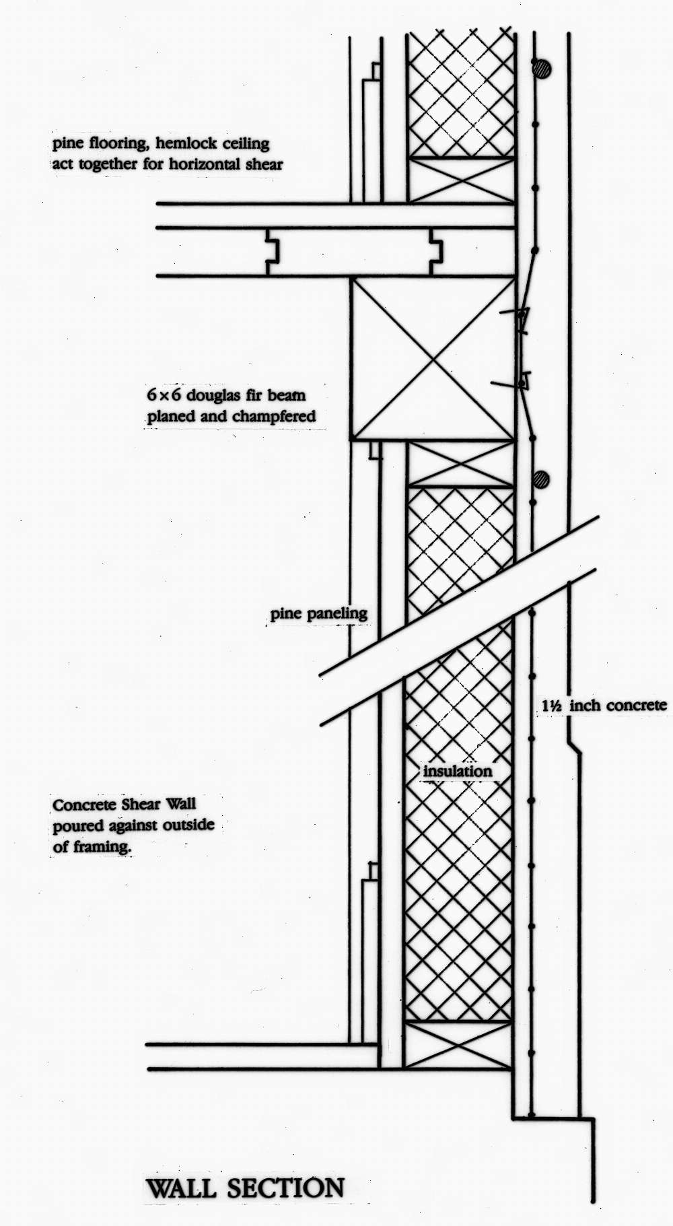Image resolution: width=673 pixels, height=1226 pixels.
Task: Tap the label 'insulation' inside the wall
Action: (458, 771)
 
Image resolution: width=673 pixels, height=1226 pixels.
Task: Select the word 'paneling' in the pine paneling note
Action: (337, 614)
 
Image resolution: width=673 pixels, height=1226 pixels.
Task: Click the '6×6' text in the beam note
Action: (164, 395)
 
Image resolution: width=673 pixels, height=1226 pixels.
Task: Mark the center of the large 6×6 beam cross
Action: (433, 359)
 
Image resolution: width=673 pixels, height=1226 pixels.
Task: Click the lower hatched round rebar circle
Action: (540, 479)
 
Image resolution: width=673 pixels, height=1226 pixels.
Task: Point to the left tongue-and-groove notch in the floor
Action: (273, 252)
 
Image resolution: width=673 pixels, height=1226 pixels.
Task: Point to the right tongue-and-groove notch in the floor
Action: (436, 252)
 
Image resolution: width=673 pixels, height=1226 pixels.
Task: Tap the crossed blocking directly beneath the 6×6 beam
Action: (461, 464)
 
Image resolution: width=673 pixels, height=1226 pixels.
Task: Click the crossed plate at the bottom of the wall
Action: (458, 1044)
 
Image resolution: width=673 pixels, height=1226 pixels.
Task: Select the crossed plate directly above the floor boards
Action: (462, 180)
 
